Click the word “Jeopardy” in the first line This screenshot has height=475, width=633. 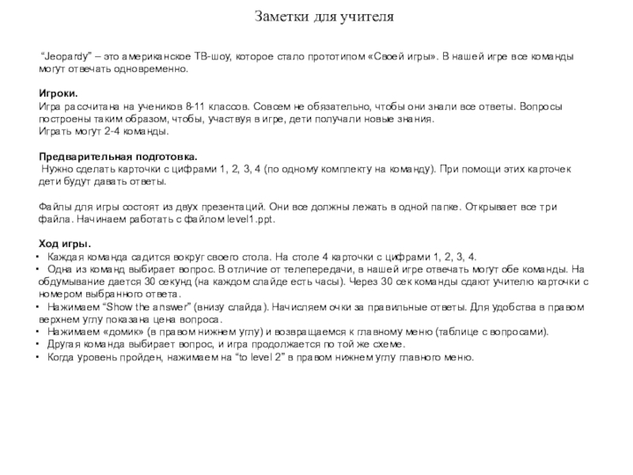click(66, 59)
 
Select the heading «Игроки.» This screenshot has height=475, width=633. click(59, 93)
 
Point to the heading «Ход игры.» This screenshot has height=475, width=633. click(66, 243)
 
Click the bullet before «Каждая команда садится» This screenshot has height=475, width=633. click(41, 257)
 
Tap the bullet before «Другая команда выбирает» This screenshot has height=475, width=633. click(41, 344)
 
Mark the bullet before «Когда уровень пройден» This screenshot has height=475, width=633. click(41, 357)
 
